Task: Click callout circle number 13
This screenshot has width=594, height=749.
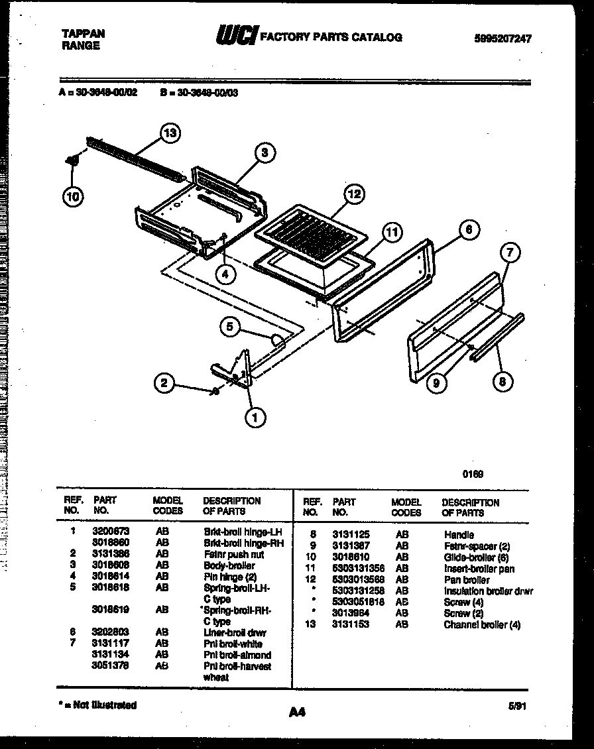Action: (170, 133)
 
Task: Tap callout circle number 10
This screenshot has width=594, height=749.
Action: (74, 196)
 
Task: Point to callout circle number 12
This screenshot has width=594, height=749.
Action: (354, 194)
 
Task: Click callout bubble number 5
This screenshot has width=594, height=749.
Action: (229, 325)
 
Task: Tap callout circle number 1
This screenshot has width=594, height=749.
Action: (254, 416)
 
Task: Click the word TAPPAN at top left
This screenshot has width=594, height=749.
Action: (83, 33)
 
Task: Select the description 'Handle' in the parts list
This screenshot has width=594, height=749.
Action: (459, 534)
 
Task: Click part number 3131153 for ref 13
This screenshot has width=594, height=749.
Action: (351, 624)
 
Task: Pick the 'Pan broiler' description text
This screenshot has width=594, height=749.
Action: (467, 579)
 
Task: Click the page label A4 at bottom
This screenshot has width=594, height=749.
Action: (296, 713)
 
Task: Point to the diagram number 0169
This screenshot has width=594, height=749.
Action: (472, 474)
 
